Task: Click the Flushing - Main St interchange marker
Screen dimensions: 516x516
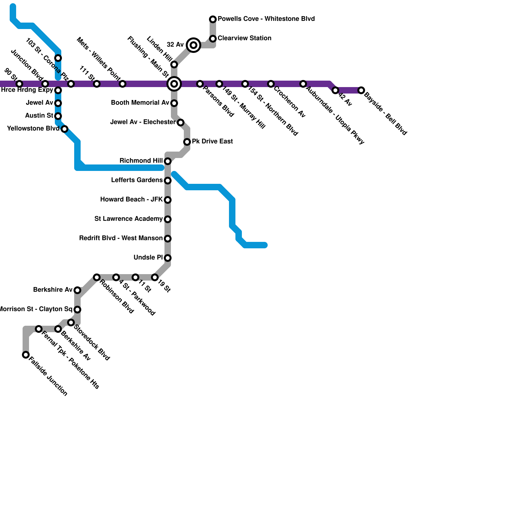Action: pyautogui.click(x=174, y=84)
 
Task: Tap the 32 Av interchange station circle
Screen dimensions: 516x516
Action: pyautogui.click(x=193, y=45)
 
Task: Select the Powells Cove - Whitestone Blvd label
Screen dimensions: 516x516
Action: pyautogui.click(x=266, y=19)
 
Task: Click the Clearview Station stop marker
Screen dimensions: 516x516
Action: pyautogui.click(x=213, y=39)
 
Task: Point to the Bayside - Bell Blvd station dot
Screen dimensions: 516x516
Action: pyautogui.click(x=362, y=90)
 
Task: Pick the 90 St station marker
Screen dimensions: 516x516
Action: pyautogui.click(x=19, y=84)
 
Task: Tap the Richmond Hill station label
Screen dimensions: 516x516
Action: pyautogui.click(x=141, y=161)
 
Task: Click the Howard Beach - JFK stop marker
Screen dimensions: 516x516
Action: pyautogui.click(x=168, y=200)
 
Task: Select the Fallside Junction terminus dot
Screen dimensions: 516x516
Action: pyautogui.click(x=26, y=355)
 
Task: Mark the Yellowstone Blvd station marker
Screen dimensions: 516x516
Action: pyautogui.click(x=64, y=129)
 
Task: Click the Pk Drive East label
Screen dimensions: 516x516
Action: pyautogui.click(x=212, y=142)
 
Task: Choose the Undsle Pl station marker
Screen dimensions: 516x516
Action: pyautogui.click(x=168, y=258)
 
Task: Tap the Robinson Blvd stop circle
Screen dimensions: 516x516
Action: pyautogui.click(x=97, y=277)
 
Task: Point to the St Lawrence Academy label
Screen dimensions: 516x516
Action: pyautogui.click(x=128, y=219)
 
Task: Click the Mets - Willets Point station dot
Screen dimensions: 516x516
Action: pyautogui.click(x=123, y=84)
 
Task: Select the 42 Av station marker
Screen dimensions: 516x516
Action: pyautogui.click(x=335, y=90)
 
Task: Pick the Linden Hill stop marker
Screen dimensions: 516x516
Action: pyautogui.click(x=174, y=64)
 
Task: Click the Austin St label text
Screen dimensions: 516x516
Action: pyautogui.click(x=39, y=116)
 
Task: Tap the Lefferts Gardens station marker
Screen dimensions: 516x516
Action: pyautogui.click(x=168, y=181)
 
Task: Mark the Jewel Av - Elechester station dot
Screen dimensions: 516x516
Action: pyautogui.click(x=181, y=123)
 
